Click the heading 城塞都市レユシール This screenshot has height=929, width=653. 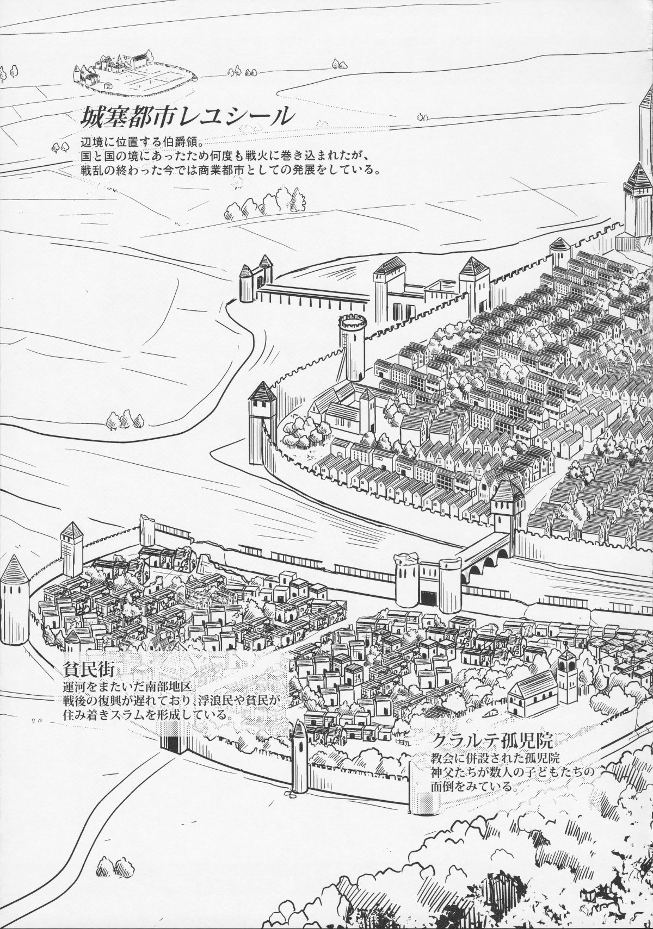point(184,116)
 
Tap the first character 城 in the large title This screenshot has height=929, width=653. point(93,116)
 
